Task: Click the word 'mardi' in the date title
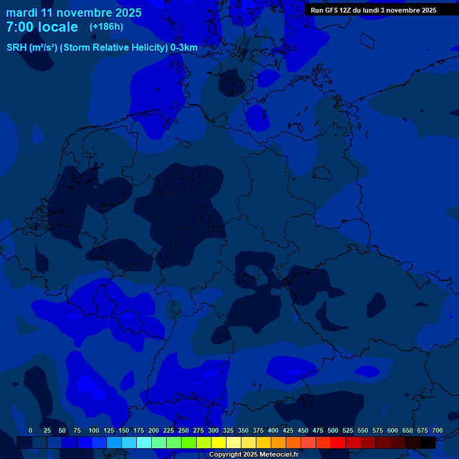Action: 22,13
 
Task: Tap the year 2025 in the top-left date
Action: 127,13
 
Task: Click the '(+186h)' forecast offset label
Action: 106,26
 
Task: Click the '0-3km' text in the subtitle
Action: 184,48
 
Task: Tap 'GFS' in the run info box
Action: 333,10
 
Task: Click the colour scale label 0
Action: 30,430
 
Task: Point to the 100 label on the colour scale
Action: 94,430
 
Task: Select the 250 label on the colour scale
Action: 183,430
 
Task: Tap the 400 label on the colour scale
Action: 273,430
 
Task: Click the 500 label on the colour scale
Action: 333,430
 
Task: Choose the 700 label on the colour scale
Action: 437,430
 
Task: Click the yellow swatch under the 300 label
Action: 219,442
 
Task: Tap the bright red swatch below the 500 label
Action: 338,442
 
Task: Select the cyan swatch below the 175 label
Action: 144,442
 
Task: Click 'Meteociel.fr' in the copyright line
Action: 279,454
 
